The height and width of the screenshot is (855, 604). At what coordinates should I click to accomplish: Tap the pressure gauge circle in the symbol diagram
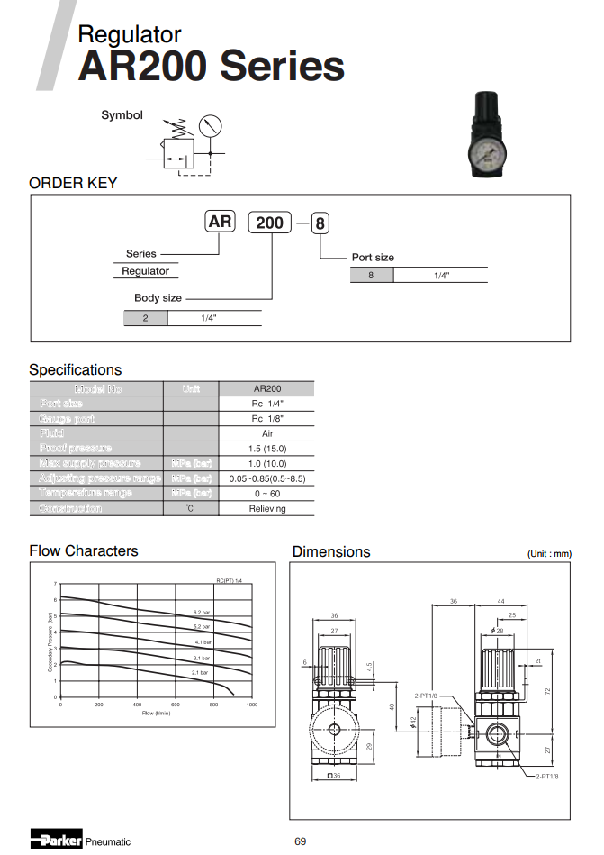[x=210, y=126]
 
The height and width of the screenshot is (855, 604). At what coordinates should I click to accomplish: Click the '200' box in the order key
[x=269, y=222]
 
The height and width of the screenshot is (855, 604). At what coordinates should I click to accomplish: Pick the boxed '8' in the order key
[x=320, y=223]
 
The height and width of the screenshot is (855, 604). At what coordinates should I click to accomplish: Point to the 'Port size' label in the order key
[x=374, y=257]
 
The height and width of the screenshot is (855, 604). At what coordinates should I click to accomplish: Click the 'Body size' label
[x=158, y=297]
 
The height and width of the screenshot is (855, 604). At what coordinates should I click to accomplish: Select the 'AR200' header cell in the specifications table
[x=267, y=388]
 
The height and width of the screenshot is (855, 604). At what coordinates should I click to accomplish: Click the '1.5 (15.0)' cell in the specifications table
[x=267, y=448]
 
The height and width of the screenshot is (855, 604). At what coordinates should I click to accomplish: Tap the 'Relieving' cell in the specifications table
[x=267, y=508]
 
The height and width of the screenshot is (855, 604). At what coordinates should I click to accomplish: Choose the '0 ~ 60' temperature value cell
[x=267, y=493]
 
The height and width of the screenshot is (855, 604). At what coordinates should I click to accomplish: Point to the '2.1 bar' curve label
[x=200, y=672]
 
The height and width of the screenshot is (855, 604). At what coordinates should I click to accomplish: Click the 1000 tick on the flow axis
[x=251, y=705]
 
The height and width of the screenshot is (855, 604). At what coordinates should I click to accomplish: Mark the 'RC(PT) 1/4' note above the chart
[x=230, y=581]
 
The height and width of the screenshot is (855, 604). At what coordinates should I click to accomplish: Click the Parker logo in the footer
[x=56, y=840]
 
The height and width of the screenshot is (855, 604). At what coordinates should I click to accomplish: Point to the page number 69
[x=301, y=841]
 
